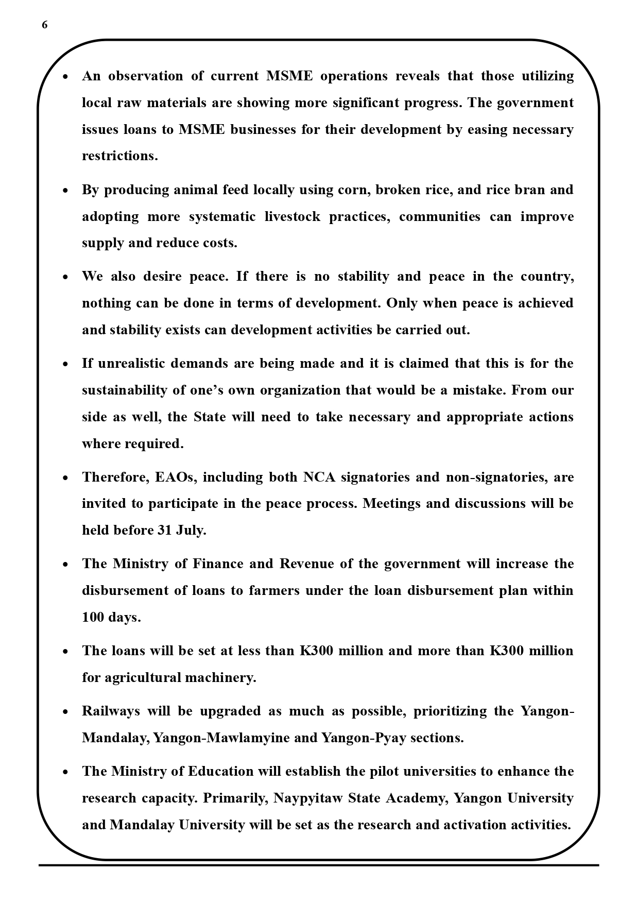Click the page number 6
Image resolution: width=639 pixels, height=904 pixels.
click(x=45, y=25)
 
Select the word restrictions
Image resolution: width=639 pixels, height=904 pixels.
click(x=119, y=156)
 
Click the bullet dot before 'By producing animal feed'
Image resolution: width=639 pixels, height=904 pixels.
click(x=65, y=191)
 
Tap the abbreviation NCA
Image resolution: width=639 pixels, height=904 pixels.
click(x=319, y=477)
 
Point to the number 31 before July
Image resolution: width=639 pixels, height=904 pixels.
click(x=164, y=531)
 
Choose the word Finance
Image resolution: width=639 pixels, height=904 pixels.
click(x=217, y=564)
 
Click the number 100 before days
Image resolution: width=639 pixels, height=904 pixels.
click(x=93, y=617)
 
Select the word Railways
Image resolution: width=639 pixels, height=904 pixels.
click(x=111, y=711)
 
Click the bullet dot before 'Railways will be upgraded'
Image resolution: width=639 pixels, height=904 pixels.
click(x=65, y=712)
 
